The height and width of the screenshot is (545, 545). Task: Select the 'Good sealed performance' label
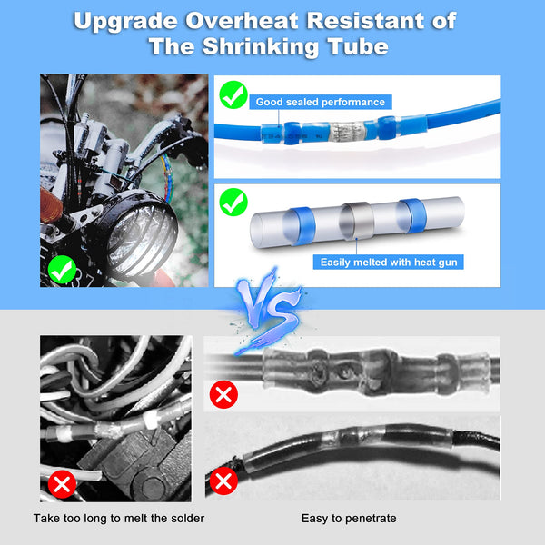coord(319,102)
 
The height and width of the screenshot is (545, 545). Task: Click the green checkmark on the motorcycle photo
coord(62,268)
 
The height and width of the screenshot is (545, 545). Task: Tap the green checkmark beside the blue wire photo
coord(234,94)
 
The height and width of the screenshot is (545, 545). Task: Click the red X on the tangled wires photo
coord(62,482)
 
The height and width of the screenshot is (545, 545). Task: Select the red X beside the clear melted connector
coord(223,394)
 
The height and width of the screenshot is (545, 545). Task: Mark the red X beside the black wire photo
coord(223,479)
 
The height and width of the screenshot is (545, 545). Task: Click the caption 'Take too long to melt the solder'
coord(119,518)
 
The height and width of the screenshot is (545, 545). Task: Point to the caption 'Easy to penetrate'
coord(349,518)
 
